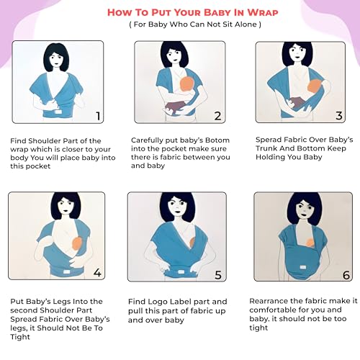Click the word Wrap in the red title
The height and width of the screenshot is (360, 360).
(262, 12)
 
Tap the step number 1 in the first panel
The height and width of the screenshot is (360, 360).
(98, 116)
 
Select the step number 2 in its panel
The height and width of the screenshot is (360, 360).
(217, 116)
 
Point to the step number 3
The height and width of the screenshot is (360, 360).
(339, 116)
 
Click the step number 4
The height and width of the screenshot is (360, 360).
(97, 273)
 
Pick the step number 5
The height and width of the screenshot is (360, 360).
(218, 275)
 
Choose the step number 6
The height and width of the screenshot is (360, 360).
(346, 275)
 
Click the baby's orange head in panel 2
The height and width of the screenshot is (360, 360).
(187, 84)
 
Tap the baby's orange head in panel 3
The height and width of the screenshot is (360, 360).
(315, 86)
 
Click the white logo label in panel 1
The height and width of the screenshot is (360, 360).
(58, 112)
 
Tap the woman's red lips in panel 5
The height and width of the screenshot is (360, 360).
(178, 212)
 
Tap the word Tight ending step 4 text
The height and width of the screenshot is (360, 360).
(20, 337)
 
